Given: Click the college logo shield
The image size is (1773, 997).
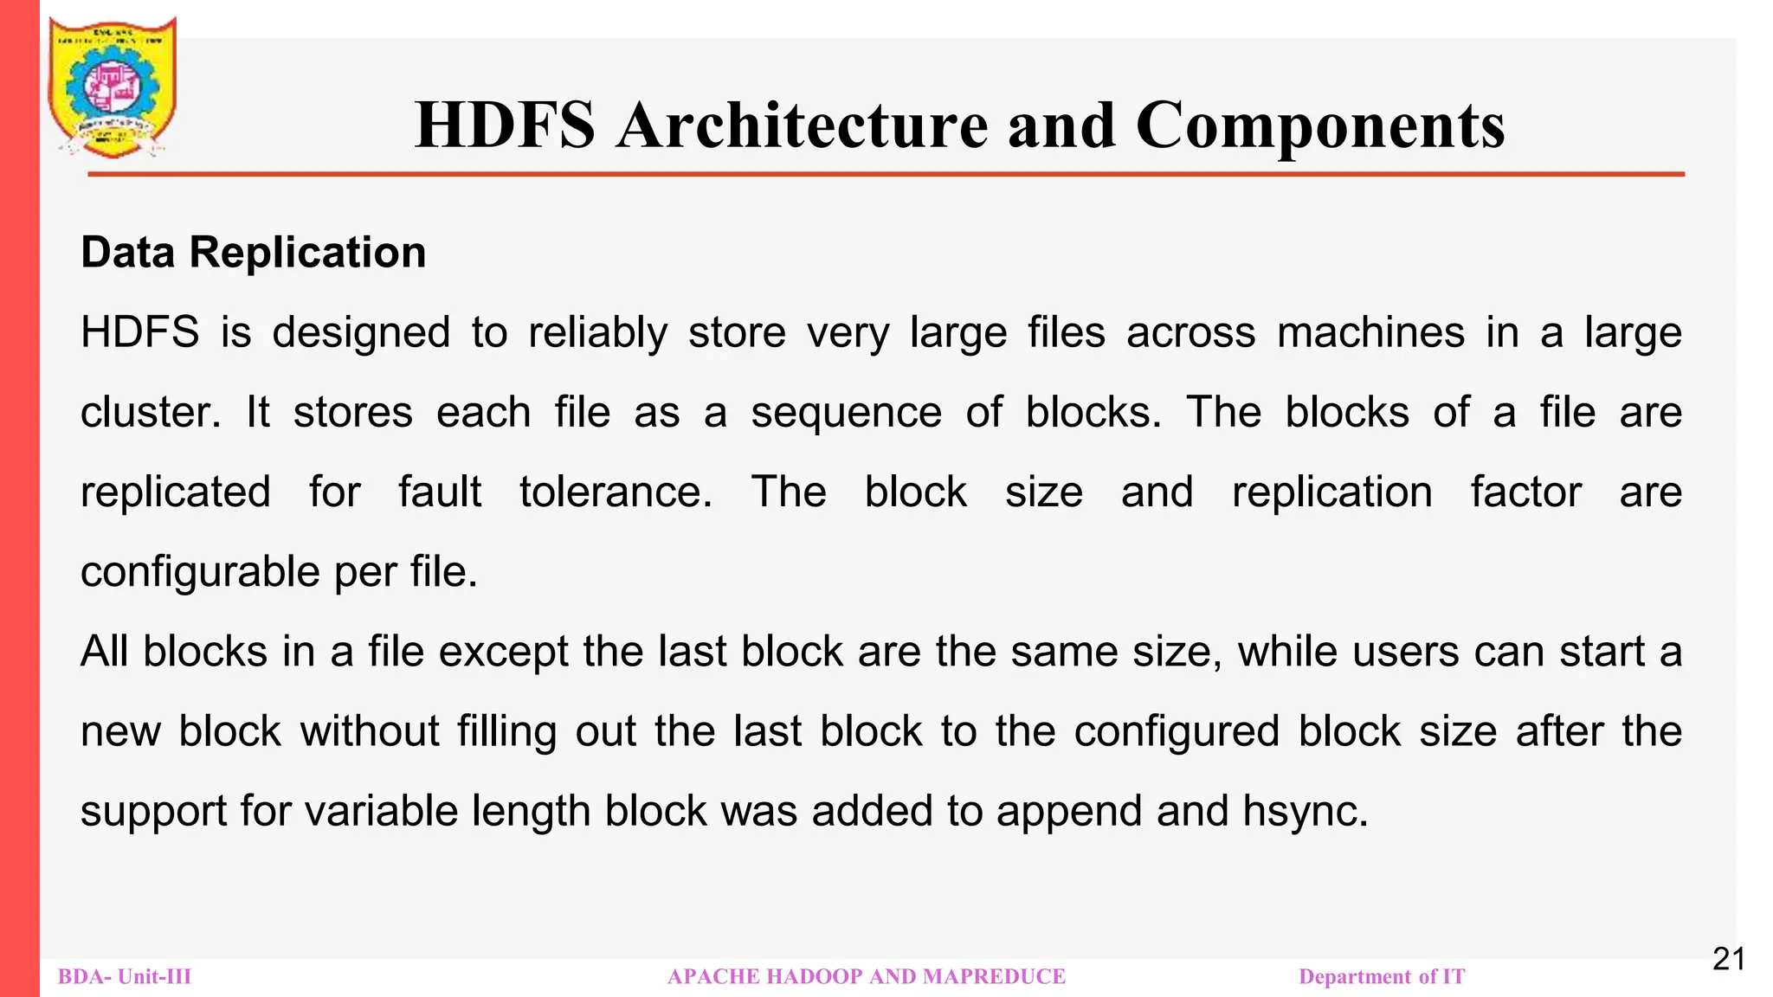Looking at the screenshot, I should point(113,87).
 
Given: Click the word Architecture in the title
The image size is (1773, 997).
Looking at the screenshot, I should point(802,125).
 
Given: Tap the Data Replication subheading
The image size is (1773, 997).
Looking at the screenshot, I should point(253,253).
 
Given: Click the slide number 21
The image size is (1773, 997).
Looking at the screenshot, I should point(1729,960).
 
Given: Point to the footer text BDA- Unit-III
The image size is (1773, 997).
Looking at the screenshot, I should point(125,977).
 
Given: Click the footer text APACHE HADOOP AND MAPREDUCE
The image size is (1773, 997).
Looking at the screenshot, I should point(867,977).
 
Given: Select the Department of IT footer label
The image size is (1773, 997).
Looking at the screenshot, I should point(1382,977).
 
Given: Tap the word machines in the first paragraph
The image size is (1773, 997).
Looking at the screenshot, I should point(1370,333).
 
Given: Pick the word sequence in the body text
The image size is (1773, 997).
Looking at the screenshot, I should point(846,413).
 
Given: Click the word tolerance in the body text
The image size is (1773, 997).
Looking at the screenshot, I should point(616,492).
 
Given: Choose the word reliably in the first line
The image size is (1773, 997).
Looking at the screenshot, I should point(598,333).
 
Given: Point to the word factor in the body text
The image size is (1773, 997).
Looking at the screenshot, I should point(1525,492).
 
